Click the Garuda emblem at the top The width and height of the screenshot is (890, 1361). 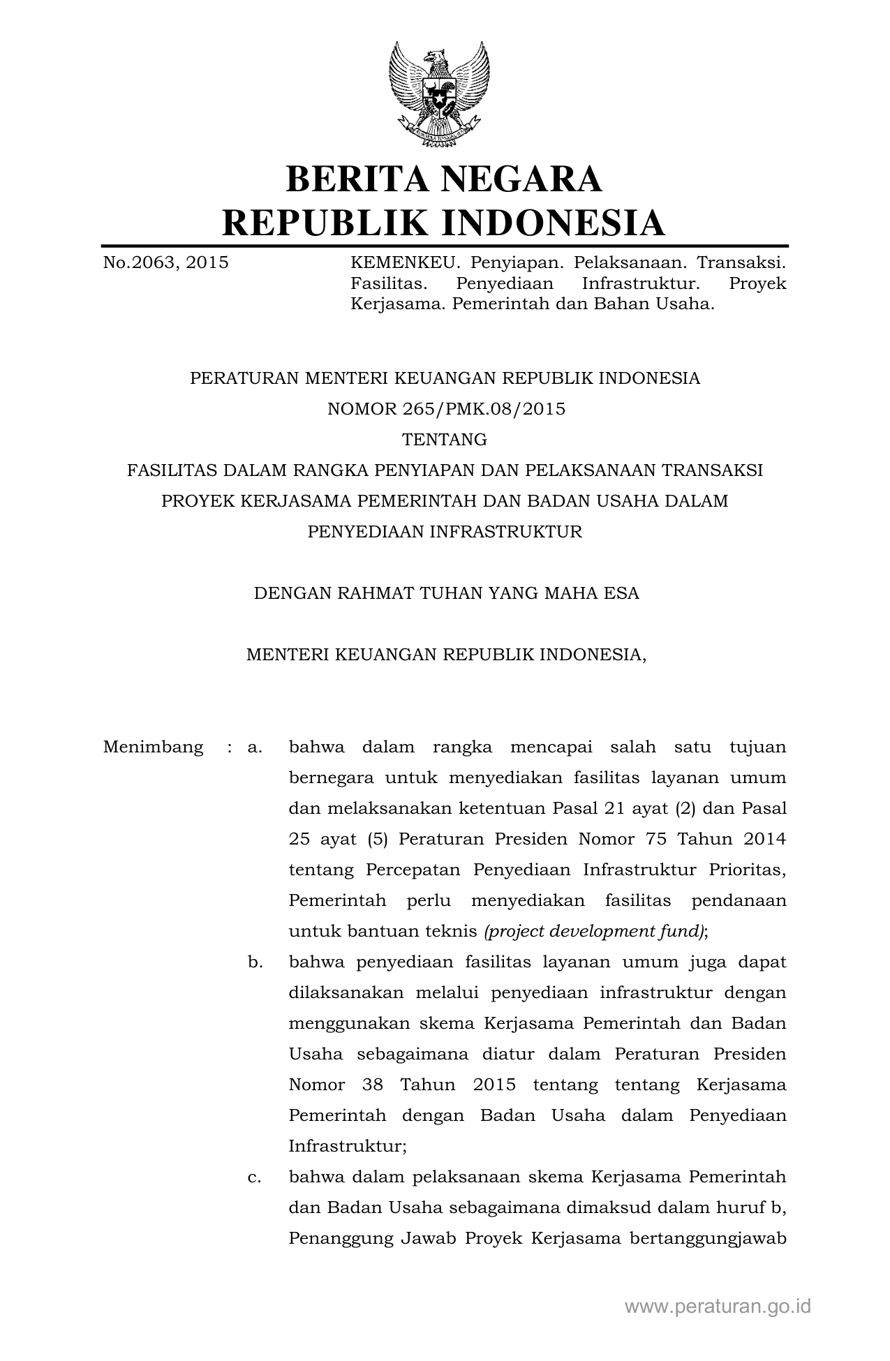pyautogui.click(x=439, y=94)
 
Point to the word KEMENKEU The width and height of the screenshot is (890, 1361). pyautogui.click(x=405, y=263)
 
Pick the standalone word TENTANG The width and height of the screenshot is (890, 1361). pyautogui.click(x=445, y=440)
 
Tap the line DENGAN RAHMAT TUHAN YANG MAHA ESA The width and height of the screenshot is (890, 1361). pyautogui.click(x=446, y=593)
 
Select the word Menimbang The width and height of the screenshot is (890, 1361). pyautogui.click(x=153, y=748)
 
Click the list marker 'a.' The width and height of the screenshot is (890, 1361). pyautogui.click(x=255, y=748)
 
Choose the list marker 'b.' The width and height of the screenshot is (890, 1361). pyautogui.click(x=255, y=962)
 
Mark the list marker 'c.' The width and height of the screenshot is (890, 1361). pyautogui.click(x=255, y=1177)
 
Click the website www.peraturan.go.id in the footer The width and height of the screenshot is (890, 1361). pyautogui.click(x=718, y=1307)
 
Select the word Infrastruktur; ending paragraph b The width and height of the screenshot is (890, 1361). pyautogui.click(x=348, y=1146)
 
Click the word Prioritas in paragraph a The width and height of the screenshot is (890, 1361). pyautogui.click(x=748, y=870)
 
